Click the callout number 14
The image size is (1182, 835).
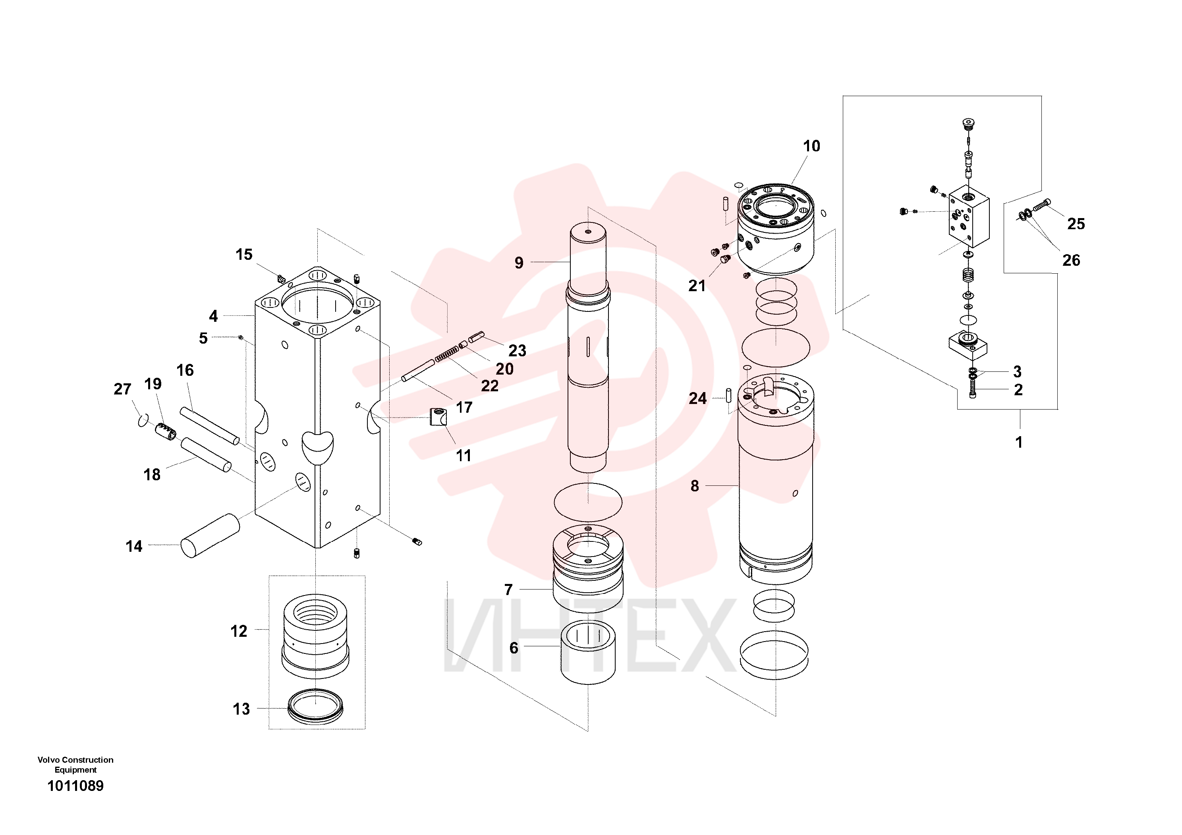click(134, 546)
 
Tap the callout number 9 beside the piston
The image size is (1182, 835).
click(519, 263)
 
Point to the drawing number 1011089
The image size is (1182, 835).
click(75, 786)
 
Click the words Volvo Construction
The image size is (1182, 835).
click(75, 760)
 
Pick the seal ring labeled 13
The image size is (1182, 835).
click(316, 706)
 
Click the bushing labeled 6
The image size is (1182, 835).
click(588, 652)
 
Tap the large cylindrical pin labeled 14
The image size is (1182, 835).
click(210, 536)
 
